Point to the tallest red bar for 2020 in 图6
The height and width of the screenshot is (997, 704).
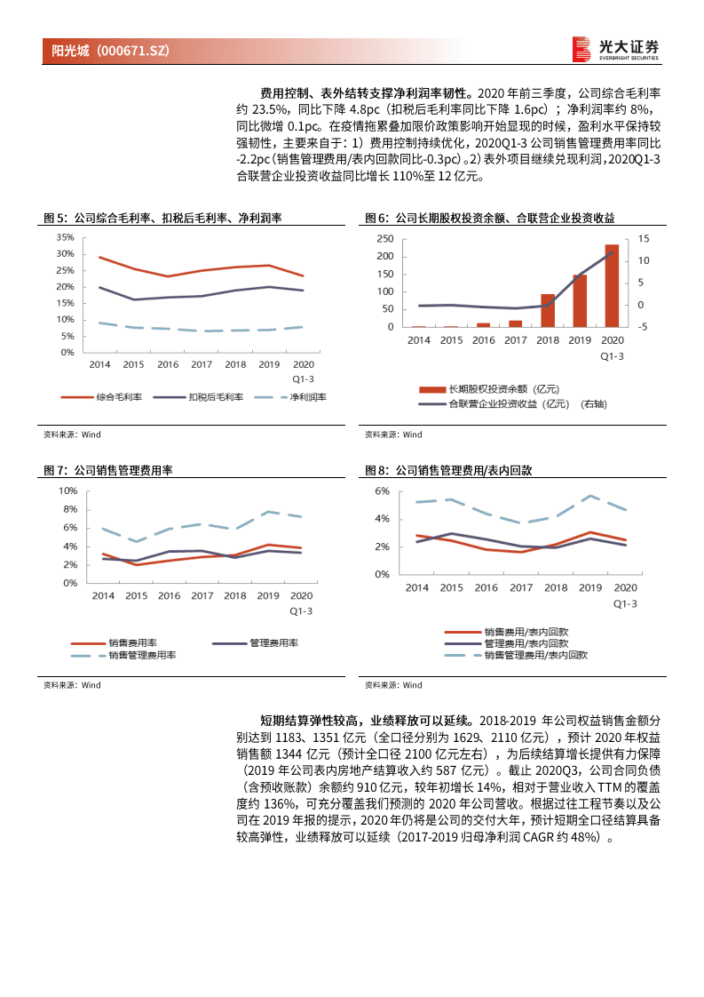(612, 285)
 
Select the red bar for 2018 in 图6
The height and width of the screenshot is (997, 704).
(548, 310)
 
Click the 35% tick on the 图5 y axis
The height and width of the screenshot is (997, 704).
(64, 237)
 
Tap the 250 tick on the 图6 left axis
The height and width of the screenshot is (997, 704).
(384, 239)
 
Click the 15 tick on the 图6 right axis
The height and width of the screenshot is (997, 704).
(644, 239)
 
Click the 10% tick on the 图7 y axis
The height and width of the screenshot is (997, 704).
(67, 491)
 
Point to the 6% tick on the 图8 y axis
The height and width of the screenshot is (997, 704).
(382, 491)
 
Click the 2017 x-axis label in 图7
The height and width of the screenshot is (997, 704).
(202, 595)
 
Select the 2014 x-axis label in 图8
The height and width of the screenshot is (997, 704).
(416, 587)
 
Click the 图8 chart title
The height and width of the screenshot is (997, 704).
(448, 470)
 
